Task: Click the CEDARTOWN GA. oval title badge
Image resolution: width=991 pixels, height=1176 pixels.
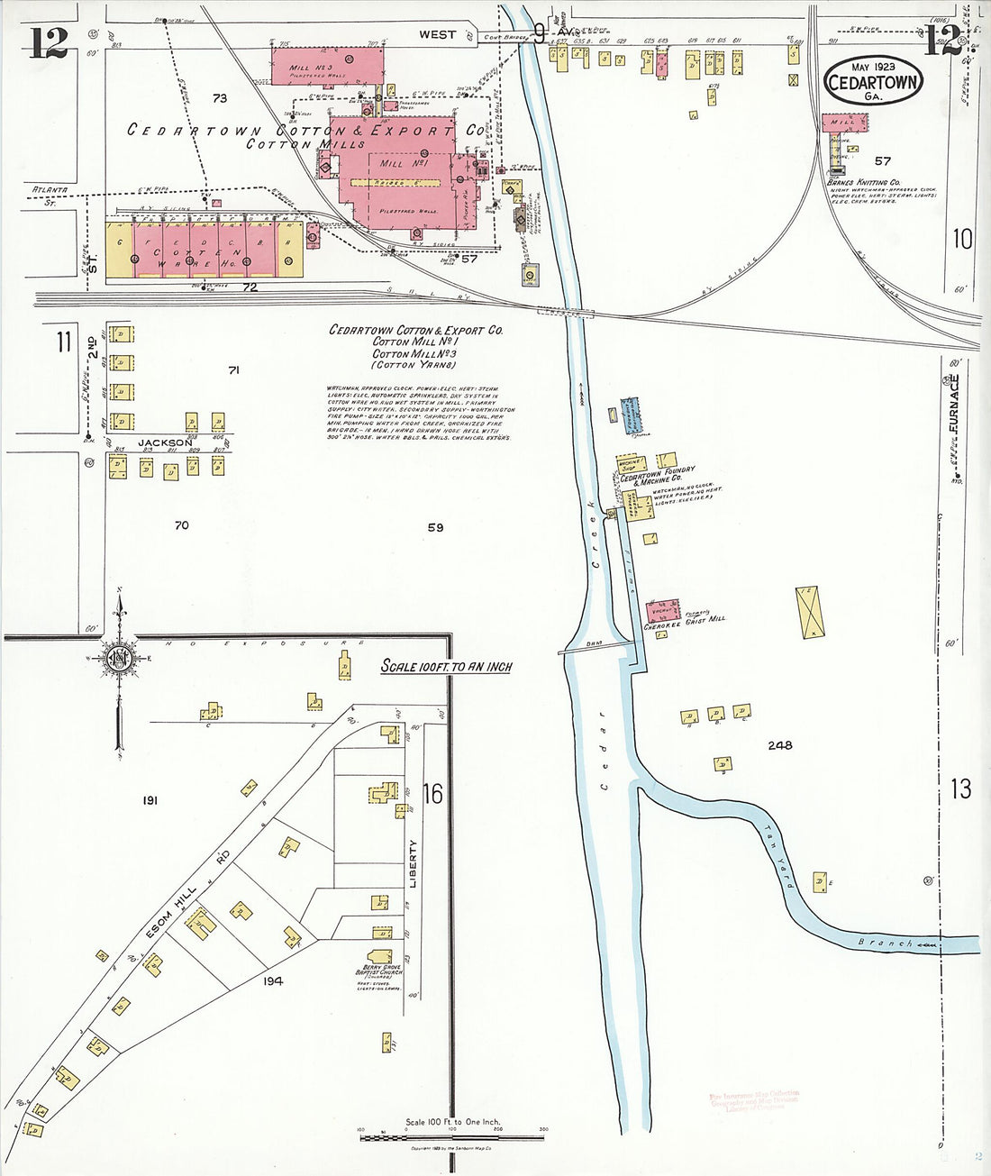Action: pyautogui.click(x=871, y=80)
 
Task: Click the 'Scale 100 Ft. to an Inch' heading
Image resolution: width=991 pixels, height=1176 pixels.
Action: pyautogui.click(x=446, y=666)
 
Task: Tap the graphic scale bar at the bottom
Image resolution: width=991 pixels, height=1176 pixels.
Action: pyautogui.click(x=451, y=1138)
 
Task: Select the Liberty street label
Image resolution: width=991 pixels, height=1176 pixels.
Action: pyautogui.click(x=414, y=864)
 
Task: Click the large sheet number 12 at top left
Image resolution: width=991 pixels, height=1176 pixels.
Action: pyautogui.click(x=48, y=43)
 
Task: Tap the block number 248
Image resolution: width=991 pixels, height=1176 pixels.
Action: pyautogui.click(x=780, y=745)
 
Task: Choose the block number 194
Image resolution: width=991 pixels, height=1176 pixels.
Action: pyautogui.click(x=272, y=980)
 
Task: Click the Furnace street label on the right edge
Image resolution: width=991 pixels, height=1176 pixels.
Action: pyautogui.click(x=953, y=403)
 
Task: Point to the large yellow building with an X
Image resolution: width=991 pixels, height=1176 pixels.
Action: pyautogui.click(x=807, y=613)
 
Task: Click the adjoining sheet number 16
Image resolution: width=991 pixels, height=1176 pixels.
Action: pyautogui.click(x=433, y=793)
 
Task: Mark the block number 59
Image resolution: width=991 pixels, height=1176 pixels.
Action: pyautogui.click(x=435, y=527)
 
